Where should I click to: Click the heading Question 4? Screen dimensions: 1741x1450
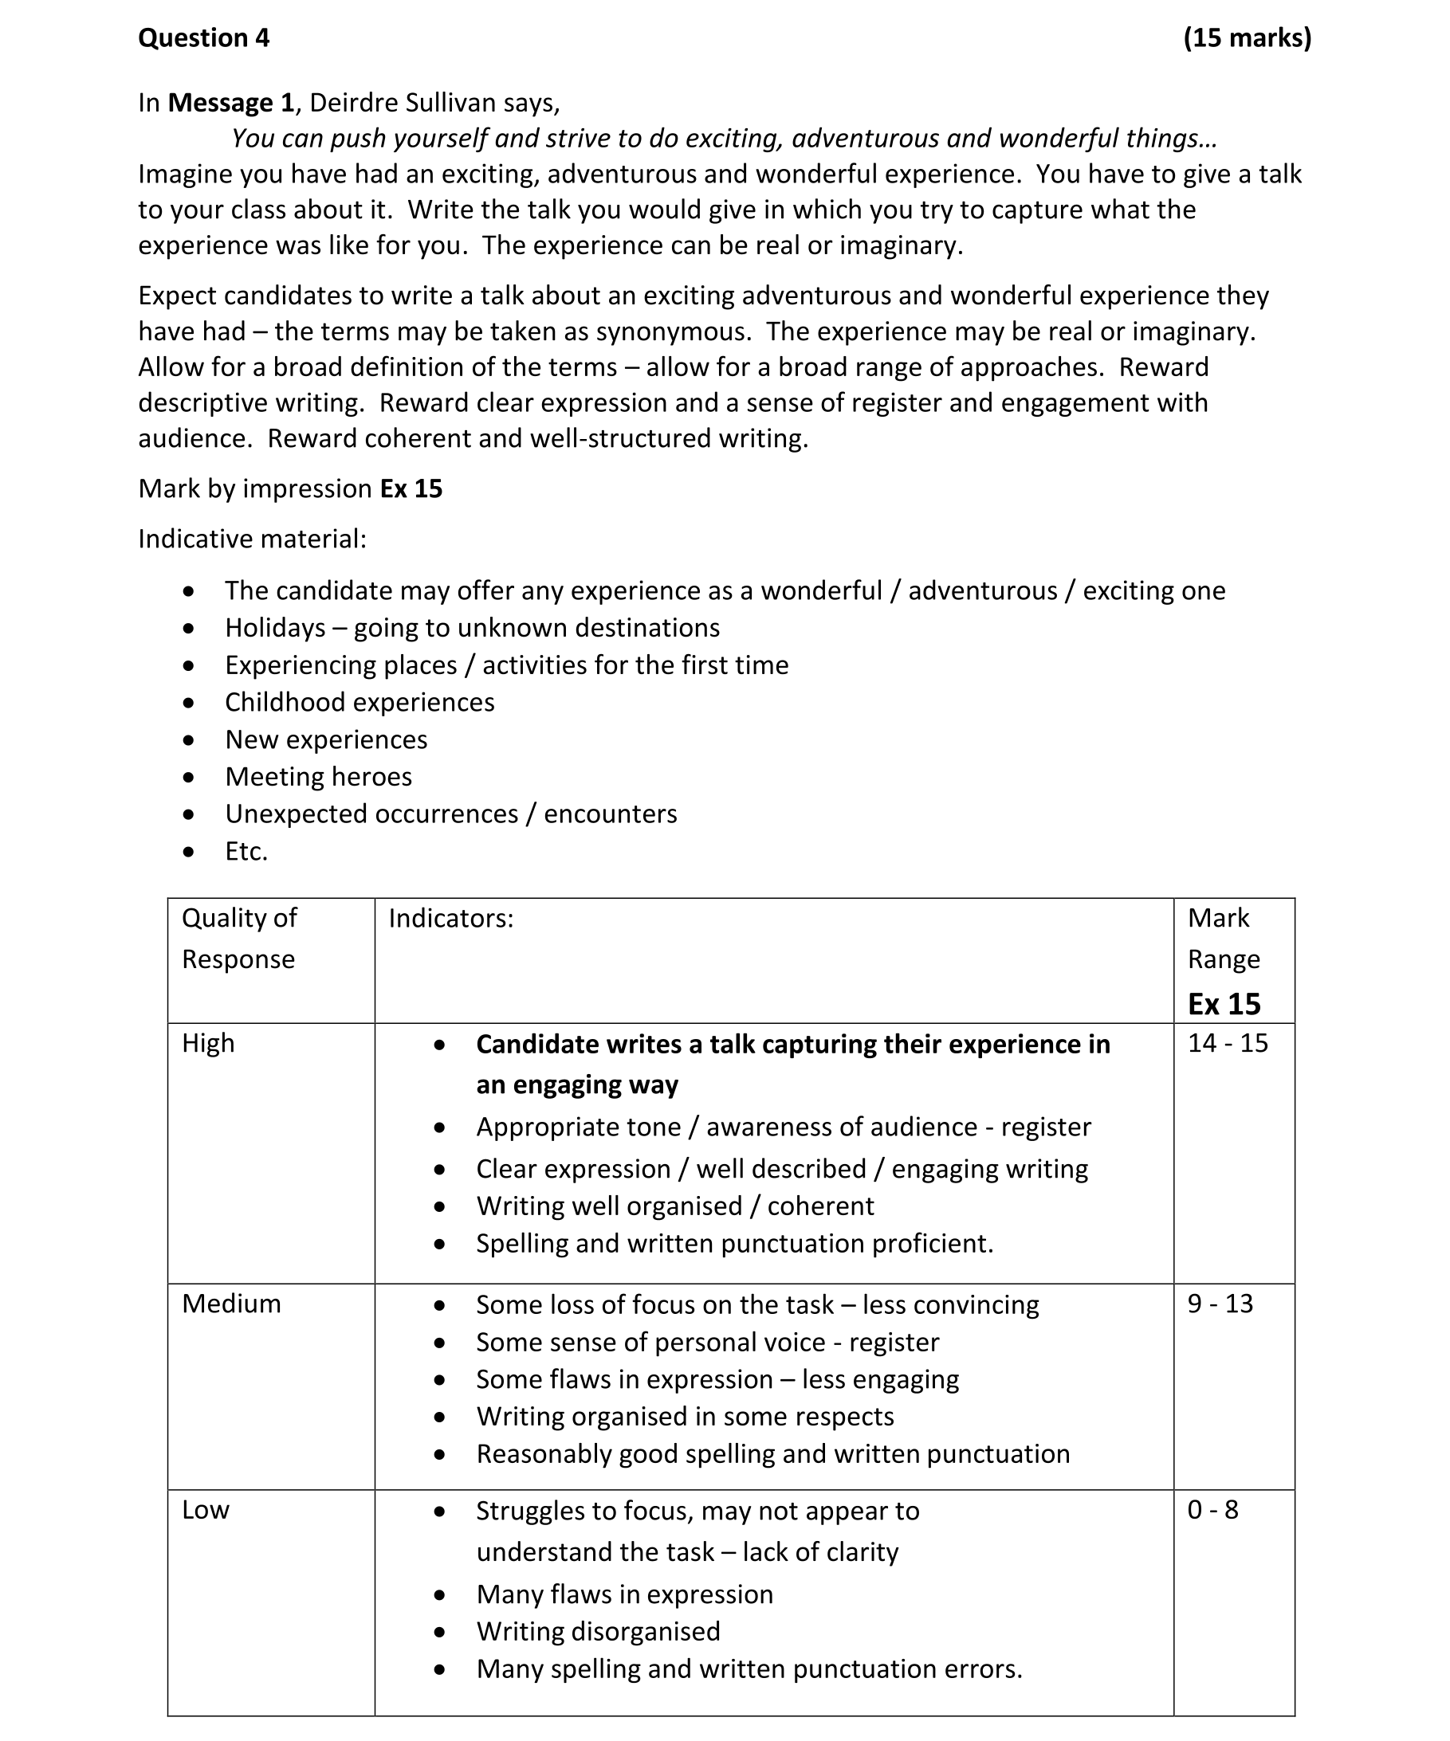click(x=203, y=38)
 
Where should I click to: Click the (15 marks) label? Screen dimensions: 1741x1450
click(x=1247, y=38)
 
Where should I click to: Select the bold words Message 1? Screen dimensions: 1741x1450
click(x=230, y=103)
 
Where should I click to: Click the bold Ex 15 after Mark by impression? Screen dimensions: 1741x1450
click(x=411, y=489)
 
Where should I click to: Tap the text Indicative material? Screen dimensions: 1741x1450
click(x=252, y=539)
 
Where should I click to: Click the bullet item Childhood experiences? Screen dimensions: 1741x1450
click(x=360, y=703)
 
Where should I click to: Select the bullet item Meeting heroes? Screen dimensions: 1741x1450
click(x=318, y=778)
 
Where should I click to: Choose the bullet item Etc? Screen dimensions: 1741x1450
click(x=246, y=853)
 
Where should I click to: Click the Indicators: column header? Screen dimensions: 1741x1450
click(x=450, y=919)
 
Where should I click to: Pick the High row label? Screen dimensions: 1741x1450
click(x=208, y=1043)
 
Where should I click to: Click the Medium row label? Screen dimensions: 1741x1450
click(x=231, y=1304)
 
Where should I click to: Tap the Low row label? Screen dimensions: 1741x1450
click(x=206, y=1510)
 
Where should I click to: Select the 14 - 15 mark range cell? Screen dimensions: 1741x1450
click(x=1228, y=1043)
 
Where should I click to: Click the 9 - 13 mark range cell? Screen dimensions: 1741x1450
click(x=1220, y=1304)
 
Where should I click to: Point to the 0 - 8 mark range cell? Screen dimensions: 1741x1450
click(x=1212, y=1510)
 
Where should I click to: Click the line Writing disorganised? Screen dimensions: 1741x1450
click(x=598, y=1632)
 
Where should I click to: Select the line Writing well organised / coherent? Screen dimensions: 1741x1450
click(x=674, y=1206)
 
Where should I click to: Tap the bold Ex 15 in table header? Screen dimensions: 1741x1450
click(x=1224, y=1005)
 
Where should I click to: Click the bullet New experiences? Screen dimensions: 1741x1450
click(x=326, y=740)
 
